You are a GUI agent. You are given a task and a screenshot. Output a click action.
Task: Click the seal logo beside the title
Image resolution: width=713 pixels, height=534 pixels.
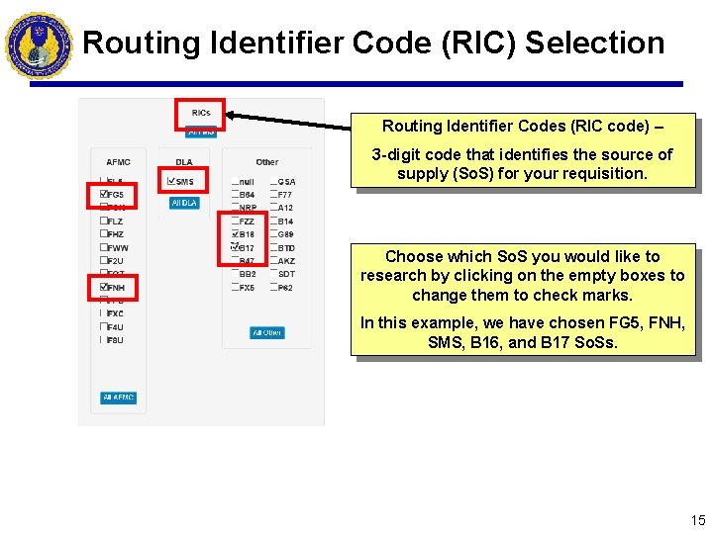point(39,44)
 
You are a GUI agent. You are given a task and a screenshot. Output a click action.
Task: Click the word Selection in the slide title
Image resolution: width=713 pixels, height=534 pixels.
point(594,43)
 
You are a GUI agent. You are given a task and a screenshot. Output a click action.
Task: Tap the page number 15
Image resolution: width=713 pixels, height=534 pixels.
point(698,520)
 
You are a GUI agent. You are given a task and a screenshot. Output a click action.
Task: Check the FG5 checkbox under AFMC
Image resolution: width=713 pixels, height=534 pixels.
point(104,196)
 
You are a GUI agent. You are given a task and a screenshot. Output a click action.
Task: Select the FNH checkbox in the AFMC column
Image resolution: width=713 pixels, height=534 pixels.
point(104,288)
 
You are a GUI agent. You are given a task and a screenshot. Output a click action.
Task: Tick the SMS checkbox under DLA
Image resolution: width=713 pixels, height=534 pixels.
point(173,182)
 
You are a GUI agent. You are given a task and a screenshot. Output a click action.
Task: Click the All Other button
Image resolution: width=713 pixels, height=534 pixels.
point(266,333)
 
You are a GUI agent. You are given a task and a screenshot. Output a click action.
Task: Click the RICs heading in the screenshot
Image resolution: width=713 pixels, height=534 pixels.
point(201,114)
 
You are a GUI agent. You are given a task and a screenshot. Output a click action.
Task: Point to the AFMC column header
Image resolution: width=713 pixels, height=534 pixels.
point(118,162)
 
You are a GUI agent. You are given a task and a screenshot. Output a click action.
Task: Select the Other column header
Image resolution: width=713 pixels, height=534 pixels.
point(267,162)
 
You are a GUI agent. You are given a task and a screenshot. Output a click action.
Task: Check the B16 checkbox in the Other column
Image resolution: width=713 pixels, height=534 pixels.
point(235,234)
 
